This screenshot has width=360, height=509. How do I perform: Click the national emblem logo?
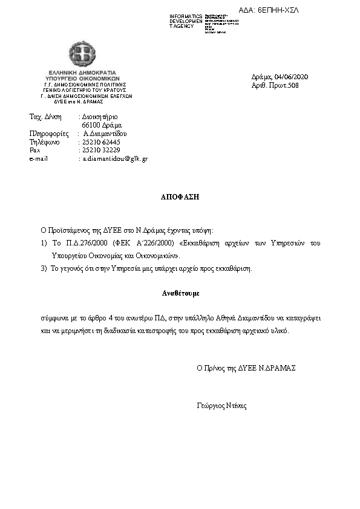(x=82, y=54)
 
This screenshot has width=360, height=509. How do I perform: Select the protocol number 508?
(x=293, y=85)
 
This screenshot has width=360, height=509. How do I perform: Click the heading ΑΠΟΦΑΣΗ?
(x=180, y=196)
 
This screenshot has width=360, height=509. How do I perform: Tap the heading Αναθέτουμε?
(x=180, y=293)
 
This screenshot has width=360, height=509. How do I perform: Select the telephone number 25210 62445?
(x=101, y=142)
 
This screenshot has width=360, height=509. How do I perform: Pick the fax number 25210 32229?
(x=101, y=150)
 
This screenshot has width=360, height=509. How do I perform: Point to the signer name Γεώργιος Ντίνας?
(x=221, y=406)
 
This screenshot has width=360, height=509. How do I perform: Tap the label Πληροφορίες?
(x=49, y=134)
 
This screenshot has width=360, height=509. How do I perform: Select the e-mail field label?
(x=39, y=158)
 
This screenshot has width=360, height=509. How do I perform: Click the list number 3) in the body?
(x=44, y=268)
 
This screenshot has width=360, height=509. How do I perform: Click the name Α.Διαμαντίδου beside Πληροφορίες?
(x=105, y=134)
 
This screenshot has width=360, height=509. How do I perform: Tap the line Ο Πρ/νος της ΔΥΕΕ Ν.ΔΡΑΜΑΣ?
(x=246, y=368)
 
